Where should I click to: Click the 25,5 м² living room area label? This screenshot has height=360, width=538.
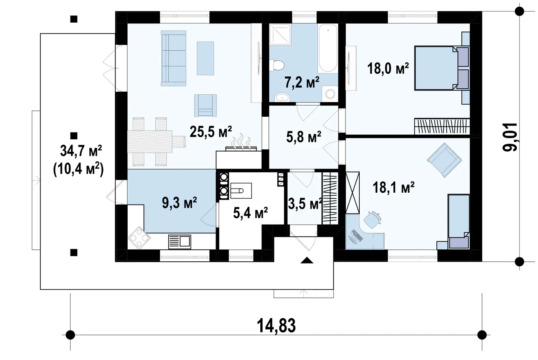point(211,132)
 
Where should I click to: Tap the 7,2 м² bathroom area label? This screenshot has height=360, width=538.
point(302,83)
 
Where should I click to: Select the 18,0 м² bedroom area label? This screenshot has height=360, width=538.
point(388,68)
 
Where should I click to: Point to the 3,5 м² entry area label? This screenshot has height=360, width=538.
point(305,204)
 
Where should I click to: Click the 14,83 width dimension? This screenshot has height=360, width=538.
point(276,326)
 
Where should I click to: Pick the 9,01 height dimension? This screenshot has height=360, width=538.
point(510,137)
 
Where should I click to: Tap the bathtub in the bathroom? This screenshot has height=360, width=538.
point(328,48)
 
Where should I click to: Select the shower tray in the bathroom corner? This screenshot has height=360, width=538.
point(280,35)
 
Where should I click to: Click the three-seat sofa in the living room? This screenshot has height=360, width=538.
point(173,58)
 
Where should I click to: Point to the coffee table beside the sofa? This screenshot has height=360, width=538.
point(206,58)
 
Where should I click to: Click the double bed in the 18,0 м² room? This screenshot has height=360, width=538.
point(442,68)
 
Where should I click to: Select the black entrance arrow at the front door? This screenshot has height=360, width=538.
point(307,261)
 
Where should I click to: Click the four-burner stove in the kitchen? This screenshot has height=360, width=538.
point(139,238)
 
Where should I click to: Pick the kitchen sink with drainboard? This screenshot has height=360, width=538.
point(180,242)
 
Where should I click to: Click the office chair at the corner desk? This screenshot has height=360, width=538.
point(372,220)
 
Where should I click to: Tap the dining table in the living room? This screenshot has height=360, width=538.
point(150,142)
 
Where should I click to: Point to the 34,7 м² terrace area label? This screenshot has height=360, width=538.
point(81,151)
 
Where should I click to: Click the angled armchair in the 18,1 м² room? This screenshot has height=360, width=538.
point(444,160)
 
